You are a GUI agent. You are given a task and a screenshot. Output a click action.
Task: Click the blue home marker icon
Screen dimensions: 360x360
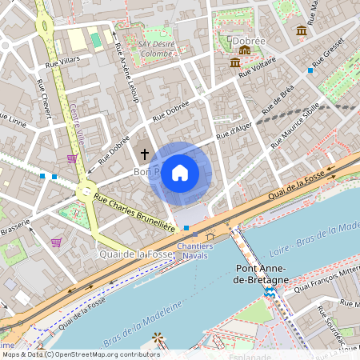tap(179, 172)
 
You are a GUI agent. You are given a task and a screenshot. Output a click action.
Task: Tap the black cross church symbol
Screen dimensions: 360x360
tap(144, 153)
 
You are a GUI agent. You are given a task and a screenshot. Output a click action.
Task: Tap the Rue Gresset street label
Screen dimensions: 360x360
tap(329, 51)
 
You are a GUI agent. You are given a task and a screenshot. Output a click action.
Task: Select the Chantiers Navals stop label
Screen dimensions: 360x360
tap(194, 250)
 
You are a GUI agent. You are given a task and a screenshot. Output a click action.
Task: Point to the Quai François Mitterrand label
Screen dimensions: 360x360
tap(329, 280)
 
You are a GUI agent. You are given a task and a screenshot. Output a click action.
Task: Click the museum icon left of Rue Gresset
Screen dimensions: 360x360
tap(301, 30)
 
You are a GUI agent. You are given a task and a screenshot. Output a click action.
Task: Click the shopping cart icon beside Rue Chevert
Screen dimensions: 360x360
tap(73, 158)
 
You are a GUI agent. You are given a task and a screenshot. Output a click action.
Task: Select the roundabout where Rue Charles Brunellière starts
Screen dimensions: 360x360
tap(85, 191)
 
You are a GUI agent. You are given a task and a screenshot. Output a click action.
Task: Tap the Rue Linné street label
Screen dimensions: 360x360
tap(14, 121)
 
